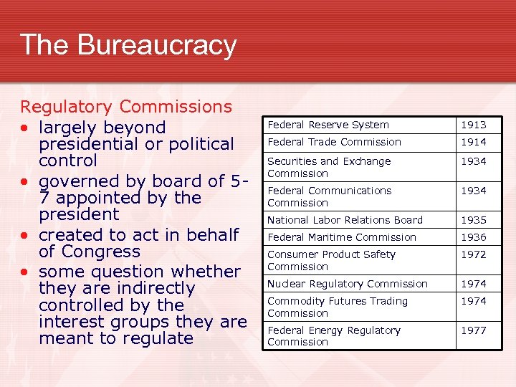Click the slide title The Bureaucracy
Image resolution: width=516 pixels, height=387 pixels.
[128, 44]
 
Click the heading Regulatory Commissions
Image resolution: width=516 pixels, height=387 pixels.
[126, 107]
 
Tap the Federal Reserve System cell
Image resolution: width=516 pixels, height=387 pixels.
[328, 125]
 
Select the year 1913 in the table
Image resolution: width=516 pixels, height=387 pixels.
[473, 125]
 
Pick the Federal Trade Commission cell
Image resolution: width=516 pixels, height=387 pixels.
[334, 142]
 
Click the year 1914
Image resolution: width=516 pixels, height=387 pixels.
[473, 142]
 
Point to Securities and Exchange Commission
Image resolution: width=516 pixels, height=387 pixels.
[329, 167]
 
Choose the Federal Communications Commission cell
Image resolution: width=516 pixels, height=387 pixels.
[329, 196]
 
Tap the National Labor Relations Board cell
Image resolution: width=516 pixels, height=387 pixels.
[345, 220]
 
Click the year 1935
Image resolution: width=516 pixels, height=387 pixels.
[473, 220]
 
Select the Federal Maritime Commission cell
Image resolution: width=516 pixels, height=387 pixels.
[341, 237]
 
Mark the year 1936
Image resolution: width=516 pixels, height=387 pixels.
[473, 237]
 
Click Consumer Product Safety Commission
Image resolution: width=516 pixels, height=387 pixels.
[331, 260]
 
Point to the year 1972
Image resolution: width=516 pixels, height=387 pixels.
[473, 254]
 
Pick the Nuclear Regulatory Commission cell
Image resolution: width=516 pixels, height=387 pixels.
[347, 284]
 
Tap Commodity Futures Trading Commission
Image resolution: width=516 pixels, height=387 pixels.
[337, 307]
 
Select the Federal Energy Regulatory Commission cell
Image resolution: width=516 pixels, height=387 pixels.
[333, 336]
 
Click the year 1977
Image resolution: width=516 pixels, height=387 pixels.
[473, 330]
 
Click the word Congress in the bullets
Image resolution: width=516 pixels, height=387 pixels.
[100, 252]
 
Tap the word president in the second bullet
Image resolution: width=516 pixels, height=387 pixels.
[79, 214]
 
